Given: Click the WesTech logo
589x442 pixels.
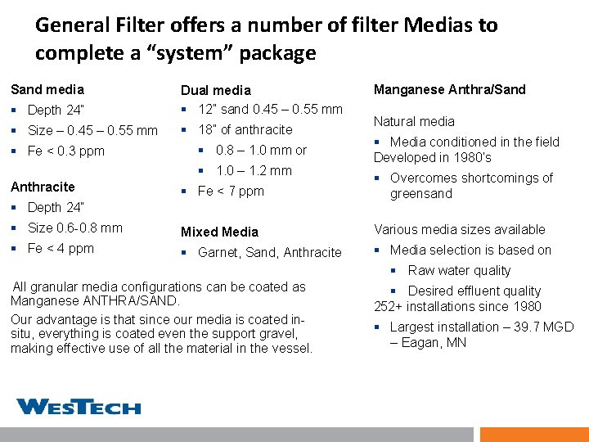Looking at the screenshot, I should [x=79, y=406].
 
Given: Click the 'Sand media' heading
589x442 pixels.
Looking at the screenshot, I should [x=47, y=89].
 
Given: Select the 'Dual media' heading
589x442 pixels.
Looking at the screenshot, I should [x=215, y=90].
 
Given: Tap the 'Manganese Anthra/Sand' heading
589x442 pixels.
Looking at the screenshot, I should [x=449, y=89].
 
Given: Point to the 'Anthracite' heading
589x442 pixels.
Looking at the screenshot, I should [x=42, y=187].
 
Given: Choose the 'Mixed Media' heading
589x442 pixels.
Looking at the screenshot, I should [x=219, y=232].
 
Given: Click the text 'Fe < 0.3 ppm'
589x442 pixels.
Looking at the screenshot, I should [x=65, y=151].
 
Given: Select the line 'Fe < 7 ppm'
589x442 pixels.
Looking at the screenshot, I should [x=231, y=191].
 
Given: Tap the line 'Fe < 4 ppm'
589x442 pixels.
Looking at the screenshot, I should [x=61, y=248].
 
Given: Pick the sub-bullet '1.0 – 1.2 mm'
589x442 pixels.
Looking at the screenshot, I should [x=254, y=170].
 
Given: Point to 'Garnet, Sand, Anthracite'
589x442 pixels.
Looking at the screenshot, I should [x=269, y=252].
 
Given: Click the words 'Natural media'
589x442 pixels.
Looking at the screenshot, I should [x=414, y=121].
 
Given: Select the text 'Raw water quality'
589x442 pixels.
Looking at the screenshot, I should [x=459, y=270].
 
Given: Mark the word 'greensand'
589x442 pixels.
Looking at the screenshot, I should [x=421, y=193].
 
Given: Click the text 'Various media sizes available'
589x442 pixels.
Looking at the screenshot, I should [x=459, y=229].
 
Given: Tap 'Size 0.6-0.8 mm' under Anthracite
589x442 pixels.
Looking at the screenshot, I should [x=74, y=228].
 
